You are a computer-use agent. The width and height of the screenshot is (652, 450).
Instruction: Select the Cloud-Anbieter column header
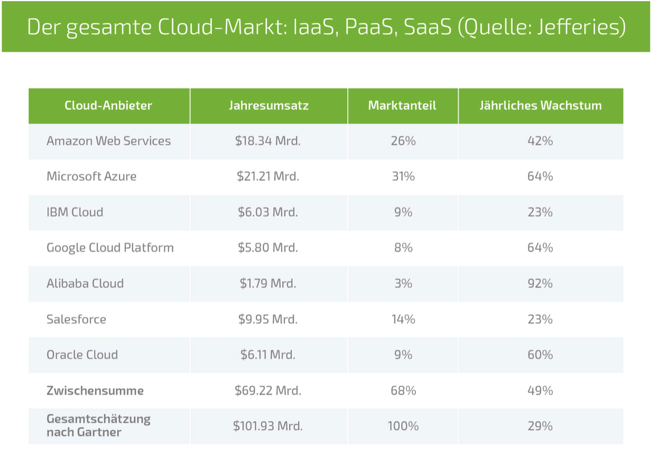point(108,106)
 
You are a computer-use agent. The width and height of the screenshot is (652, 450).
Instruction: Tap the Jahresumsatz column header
point(269,106)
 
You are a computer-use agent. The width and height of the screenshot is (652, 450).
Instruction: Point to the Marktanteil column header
point(402,106)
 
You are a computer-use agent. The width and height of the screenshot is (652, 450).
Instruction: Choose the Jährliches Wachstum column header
point(540,106)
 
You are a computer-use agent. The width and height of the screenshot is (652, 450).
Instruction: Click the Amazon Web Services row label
point(109,141)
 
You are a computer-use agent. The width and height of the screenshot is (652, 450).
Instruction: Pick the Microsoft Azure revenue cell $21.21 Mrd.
point(268,177)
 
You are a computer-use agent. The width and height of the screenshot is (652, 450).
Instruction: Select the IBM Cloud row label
point(75,213)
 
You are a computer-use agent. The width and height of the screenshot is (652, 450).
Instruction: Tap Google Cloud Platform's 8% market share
point(403,248)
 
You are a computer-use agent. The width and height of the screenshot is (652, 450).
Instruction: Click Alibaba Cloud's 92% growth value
point(540,284)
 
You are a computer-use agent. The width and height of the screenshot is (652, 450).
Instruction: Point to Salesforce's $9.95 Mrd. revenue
point(268,319)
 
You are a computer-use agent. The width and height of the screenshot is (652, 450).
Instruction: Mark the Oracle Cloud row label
point(82,355)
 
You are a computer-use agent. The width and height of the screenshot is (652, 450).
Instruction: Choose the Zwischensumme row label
point(95,391)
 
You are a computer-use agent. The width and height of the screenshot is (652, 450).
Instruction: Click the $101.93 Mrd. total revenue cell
point(267,426)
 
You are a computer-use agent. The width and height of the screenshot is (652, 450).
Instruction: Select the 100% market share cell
point(403,426)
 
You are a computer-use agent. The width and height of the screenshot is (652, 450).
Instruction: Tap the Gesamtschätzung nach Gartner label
point(98,426)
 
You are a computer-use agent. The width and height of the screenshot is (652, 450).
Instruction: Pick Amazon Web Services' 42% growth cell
point(540,141)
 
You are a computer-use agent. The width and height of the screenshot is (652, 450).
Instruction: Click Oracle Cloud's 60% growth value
point(540,355)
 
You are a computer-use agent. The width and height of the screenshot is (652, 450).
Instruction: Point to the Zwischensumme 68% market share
point(403,391)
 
